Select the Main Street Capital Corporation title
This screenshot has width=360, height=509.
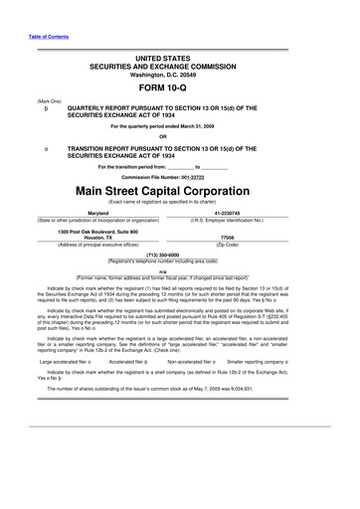click(x=181, y=188)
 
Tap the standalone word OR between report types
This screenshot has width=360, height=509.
click(x=181, y=137)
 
